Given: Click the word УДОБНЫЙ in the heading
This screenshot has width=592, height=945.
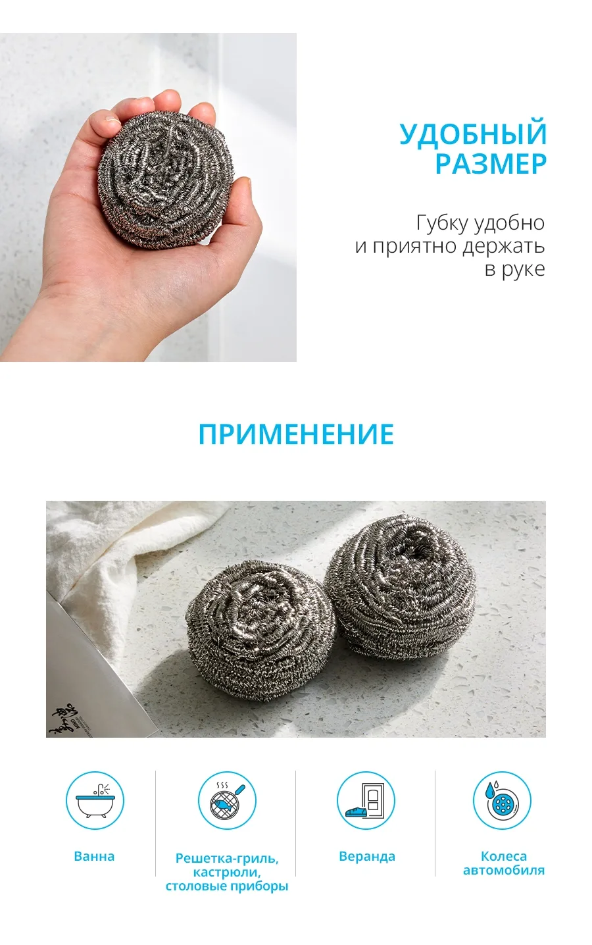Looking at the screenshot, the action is point(473,134).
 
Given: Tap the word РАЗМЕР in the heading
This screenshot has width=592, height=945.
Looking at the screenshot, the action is point(491,164).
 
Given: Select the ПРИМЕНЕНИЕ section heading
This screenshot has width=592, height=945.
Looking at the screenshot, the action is point(296,434).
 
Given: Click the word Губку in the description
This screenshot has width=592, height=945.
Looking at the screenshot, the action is point(443,224).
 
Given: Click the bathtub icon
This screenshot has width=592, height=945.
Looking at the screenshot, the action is point(95,801).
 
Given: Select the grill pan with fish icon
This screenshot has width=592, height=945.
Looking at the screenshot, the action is point(228,801).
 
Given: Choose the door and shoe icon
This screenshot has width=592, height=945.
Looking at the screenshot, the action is point(366,801).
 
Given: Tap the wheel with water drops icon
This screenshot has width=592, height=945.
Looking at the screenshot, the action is point(502,801).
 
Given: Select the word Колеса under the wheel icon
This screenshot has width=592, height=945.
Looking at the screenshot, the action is point(504,856).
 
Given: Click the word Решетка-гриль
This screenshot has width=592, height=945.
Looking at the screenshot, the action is point(227,859).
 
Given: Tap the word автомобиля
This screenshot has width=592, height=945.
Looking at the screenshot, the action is point(504,871).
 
